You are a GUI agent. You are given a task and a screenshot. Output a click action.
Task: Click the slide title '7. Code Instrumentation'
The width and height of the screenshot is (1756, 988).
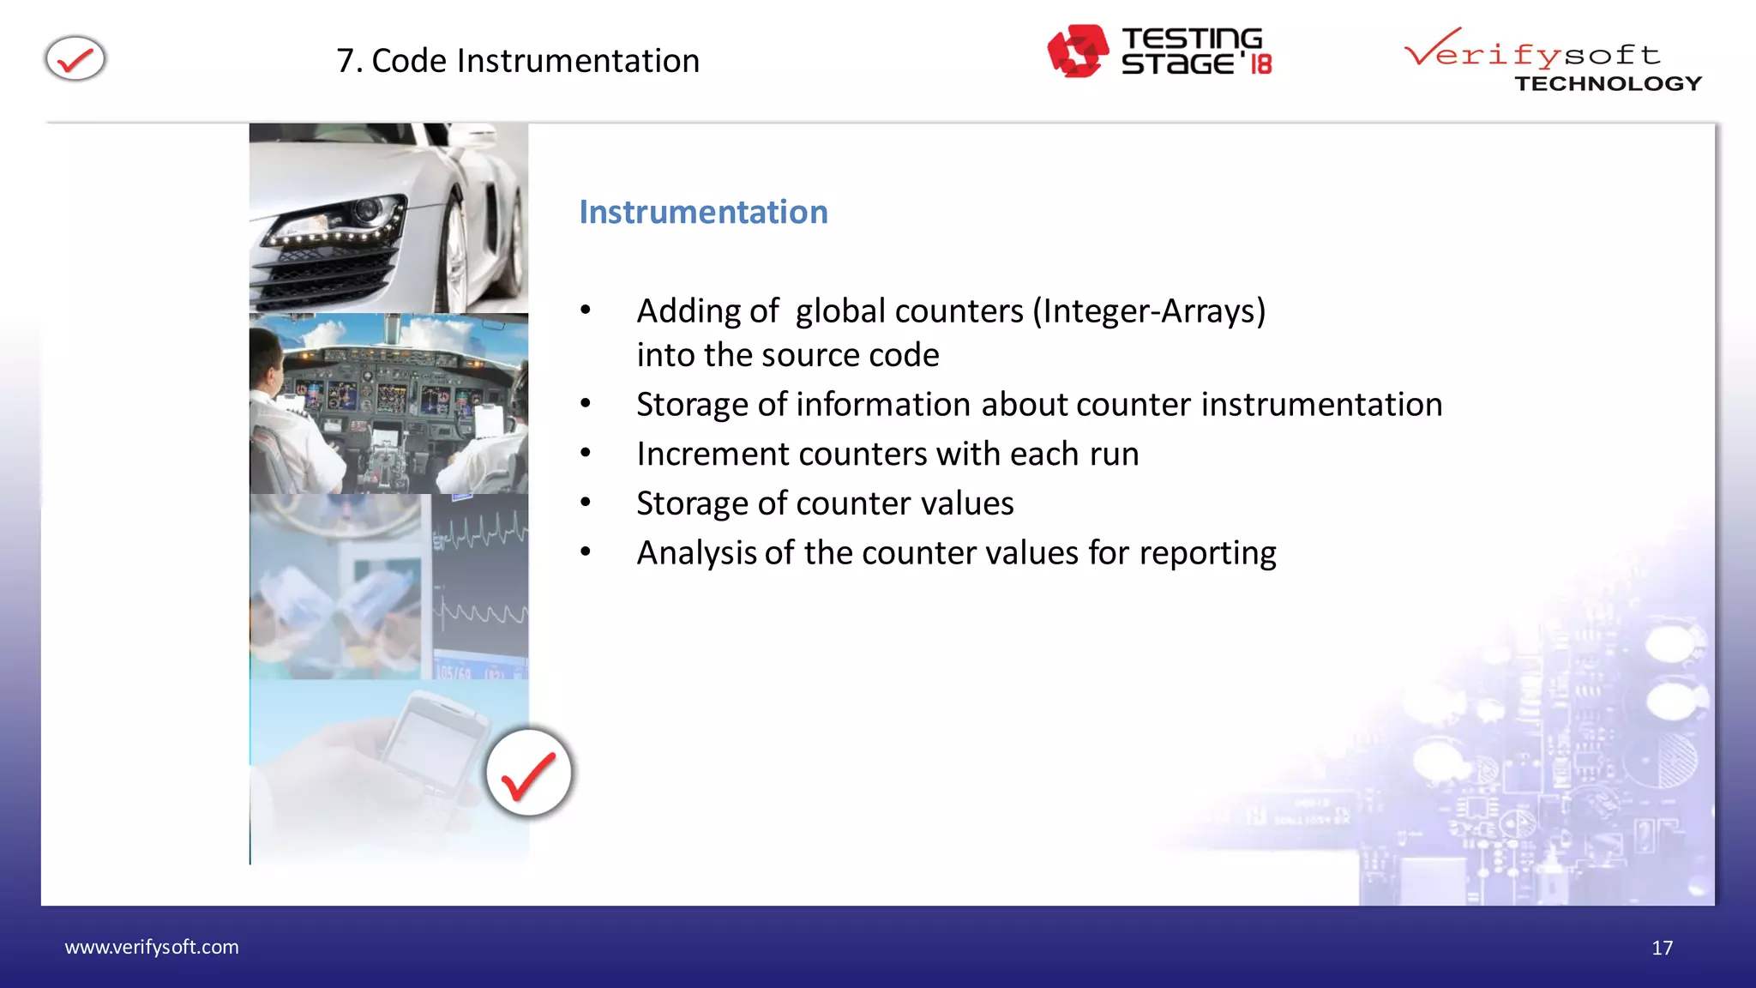click(518, 61)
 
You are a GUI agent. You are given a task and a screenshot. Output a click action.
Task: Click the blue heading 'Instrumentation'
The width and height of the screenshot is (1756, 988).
click(703, 212)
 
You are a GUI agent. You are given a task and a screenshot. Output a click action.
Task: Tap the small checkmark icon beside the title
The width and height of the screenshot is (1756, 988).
click(75, 59)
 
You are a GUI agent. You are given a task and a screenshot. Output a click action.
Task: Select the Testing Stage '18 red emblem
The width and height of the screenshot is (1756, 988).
click(1077, 51)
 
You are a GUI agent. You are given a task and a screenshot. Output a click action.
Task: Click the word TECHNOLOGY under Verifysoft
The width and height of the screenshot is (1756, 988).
click(1608, 84)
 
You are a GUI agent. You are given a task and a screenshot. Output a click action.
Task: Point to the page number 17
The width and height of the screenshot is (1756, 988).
click(1662, 948)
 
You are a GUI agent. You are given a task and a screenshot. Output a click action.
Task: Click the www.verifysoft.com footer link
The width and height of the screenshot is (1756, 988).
click(152, 947)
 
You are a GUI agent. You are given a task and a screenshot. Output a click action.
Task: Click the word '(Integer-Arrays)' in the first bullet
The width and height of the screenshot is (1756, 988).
click(1149, 311)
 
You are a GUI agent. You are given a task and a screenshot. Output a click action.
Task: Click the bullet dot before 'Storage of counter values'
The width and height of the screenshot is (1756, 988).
click(586, 503)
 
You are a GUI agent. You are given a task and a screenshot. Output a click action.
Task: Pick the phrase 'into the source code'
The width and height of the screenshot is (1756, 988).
click(787, 355)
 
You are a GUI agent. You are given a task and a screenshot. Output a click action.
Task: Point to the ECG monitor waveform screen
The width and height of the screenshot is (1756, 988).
click(480, 583)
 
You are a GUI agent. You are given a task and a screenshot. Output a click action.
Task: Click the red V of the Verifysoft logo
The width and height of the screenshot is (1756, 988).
click(1430, 47)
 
